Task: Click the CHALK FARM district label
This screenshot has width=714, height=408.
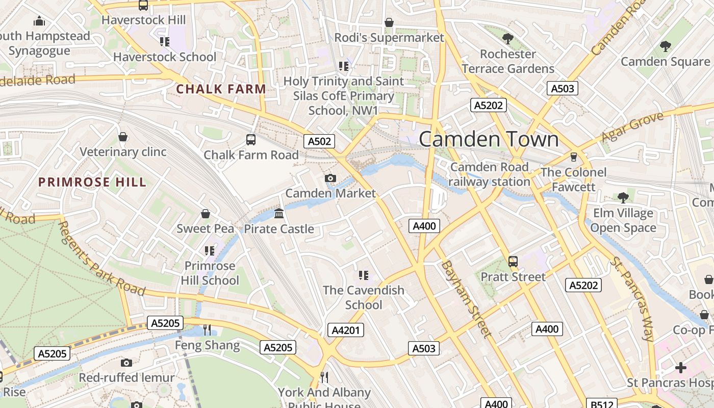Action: (221, 89)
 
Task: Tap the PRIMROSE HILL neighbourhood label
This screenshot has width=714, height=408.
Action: (92, 182)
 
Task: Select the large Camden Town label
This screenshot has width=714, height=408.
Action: (489, 139)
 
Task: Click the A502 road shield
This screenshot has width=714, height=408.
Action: (319, 141)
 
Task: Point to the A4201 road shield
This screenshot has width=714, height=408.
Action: (346, 330)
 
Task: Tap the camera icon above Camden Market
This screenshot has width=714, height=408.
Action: (330, 178)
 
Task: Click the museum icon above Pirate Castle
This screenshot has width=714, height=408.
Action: (279, 213)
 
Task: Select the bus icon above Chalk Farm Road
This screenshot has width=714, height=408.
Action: (251, 139)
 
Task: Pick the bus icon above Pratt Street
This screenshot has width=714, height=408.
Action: (513, 262)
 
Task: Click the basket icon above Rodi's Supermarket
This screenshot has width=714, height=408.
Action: (389, 22)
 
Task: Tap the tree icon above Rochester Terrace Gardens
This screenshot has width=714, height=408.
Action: (507, 38)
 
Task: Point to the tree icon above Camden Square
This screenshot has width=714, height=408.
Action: (665, 46)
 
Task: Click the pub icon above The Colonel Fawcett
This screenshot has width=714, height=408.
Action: (574, 157)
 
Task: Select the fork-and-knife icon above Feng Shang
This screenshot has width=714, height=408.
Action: (207, 330)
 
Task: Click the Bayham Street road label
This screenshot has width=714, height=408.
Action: (466, 299)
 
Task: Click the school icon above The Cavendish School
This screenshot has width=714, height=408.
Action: (364, 275)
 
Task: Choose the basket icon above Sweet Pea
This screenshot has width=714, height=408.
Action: (206, 213)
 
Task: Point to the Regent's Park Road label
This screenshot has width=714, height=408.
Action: (101, 258)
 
